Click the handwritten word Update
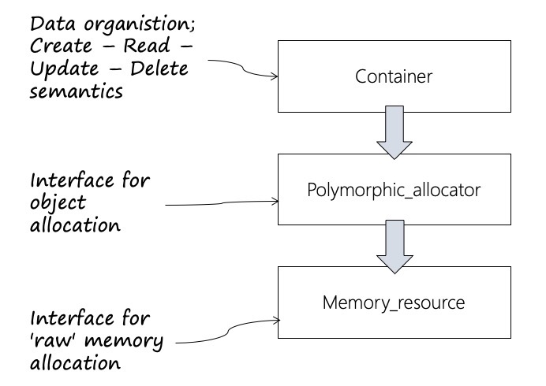[63, 69]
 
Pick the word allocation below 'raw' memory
[75, 365]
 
